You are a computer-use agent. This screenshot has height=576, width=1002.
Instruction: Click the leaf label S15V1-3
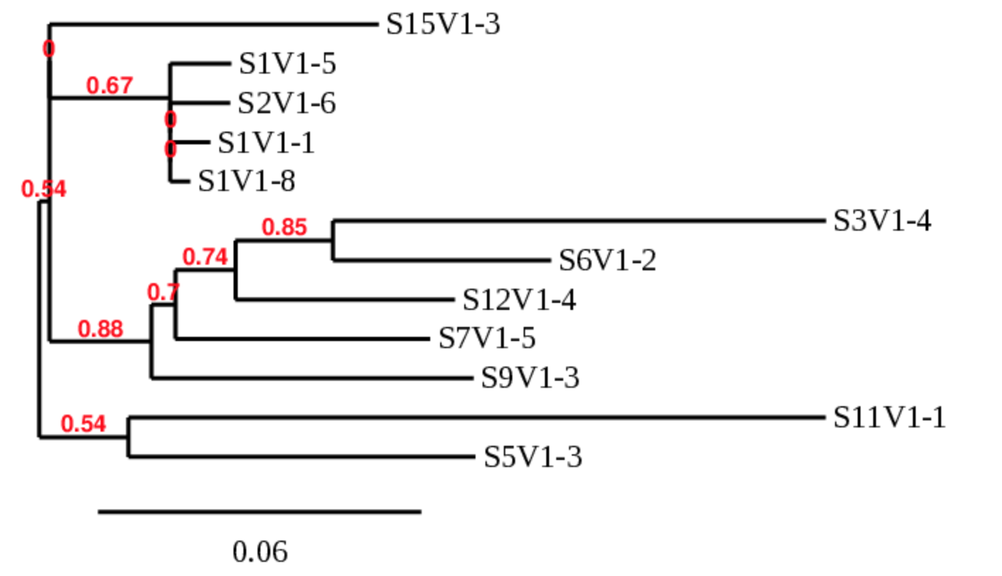443,25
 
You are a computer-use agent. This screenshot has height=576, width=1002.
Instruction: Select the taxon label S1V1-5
287,64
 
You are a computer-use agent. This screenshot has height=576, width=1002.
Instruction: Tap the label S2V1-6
287,104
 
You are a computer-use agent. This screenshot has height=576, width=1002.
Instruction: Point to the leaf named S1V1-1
266,144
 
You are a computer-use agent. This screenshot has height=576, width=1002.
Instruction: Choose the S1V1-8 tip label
246,182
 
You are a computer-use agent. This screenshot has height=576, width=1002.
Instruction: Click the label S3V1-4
882,221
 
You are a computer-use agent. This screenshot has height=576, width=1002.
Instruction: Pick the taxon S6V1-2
607,261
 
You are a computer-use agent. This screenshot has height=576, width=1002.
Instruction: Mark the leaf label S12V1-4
519,300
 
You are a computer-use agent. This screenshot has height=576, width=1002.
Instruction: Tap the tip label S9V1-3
530,378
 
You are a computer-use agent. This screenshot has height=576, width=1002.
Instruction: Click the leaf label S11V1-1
889,417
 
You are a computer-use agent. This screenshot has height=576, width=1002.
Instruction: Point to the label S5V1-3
533,457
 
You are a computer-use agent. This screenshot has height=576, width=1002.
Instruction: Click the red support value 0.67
110,86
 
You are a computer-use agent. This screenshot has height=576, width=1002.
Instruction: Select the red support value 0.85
284,227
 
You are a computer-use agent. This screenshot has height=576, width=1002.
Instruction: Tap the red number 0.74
205,258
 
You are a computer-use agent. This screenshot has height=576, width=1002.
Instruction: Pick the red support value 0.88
100,329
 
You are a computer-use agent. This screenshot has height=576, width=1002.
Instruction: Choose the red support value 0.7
163,292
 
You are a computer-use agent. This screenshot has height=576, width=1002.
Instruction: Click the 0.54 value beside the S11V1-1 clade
83,424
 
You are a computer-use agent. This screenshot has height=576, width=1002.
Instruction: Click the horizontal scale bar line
260,512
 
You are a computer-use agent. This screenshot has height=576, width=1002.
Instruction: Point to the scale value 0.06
260,551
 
